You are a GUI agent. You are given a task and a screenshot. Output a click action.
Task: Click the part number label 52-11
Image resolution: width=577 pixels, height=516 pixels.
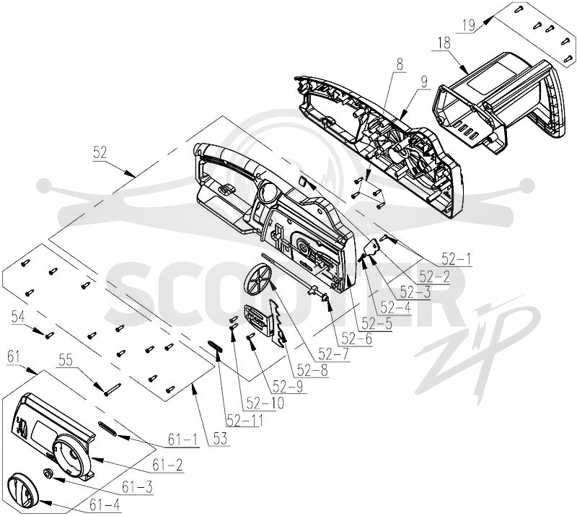point(245,420)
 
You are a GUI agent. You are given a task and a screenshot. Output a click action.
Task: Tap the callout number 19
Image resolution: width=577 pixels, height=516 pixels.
point(469,26)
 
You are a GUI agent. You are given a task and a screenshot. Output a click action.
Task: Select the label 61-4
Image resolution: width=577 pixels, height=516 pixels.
point(105,505)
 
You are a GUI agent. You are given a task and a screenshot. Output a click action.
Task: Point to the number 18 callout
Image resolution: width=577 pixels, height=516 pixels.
point(444,43)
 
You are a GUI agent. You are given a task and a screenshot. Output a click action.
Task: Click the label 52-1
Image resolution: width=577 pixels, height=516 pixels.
point(457,259)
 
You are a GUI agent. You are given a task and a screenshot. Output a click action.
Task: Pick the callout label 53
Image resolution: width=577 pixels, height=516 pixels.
point(221,439)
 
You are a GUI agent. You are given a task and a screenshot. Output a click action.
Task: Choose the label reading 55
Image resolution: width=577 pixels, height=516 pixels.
point(66,361)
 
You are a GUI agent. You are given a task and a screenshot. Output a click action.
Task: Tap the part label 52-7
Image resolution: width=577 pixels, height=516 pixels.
point(334,354)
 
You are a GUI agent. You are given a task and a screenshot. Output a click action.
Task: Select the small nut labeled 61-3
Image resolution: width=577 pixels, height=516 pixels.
point(48,473)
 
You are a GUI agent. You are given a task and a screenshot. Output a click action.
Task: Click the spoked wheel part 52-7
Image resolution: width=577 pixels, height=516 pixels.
point(257,279)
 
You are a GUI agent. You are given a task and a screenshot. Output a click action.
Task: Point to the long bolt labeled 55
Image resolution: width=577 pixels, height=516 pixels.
point(113,390)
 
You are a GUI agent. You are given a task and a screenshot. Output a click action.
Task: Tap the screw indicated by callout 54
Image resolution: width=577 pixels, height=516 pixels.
point(49,335)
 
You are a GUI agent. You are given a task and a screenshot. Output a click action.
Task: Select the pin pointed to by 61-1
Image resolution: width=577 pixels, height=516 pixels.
point(107,429)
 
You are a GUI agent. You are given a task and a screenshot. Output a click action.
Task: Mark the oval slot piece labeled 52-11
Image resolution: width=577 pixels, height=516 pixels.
point(215,346)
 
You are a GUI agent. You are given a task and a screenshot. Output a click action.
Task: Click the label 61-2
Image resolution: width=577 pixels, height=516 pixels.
point(168,465)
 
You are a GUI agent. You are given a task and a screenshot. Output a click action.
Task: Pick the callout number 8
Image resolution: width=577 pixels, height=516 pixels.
point(400,65)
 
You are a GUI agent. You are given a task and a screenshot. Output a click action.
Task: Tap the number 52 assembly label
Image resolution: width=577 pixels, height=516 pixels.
point(100,152)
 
